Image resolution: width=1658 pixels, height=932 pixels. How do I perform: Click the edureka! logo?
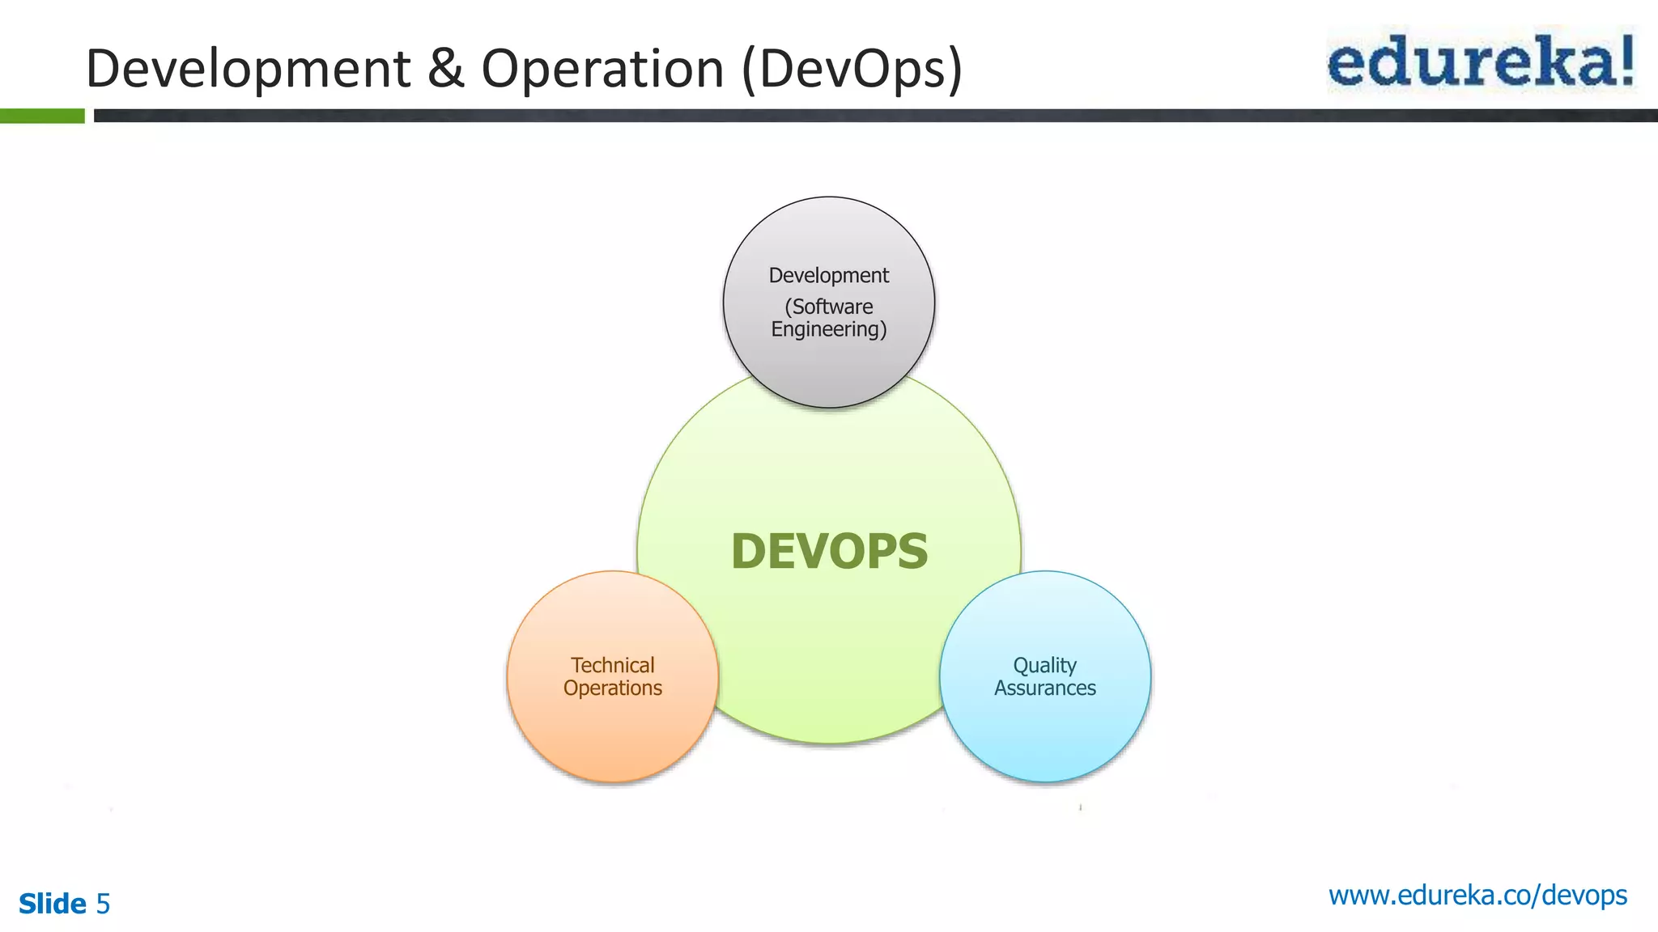pos(1481,61)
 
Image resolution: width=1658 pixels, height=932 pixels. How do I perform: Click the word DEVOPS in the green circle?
pos(829,552)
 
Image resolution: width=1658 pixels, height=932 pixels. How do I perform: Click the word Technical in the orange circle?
pos(613,665)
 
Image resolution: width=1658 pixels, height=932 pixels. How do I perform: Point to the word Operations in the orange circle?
pos(613,688)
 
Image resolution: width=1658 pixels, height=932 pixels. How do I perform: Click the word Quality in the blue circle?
pos(1044,666)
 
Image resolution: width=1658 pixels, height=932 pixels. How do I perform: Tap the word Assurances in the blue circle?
pos(1045,688)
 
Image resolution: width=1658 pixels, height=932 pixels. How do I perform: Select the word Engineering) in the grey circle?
pos(829,330)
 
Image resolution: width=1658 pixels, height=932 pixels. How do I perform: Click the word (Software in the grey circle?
pos(829,307)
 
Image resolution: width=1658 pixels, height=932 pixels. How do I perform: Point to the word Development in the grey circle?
pos(829,276)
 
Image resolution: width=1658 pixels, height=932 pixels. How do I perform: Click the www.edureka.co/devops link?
pos(1477,896)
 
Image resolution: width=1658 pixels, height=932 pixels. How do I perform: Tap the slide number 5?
pos(103,904)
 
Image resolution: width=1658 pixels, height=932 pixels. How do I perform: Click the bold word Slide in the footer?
pos(53,904)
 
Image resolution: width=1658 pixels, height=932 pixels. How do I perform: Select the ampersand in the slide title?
pos(445,68)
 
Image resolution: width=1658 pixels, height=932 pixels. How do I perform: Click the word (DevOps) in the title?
pos(852,70)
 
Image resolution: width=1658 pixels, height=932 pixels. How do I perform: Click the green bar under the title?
pos(42,116)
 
